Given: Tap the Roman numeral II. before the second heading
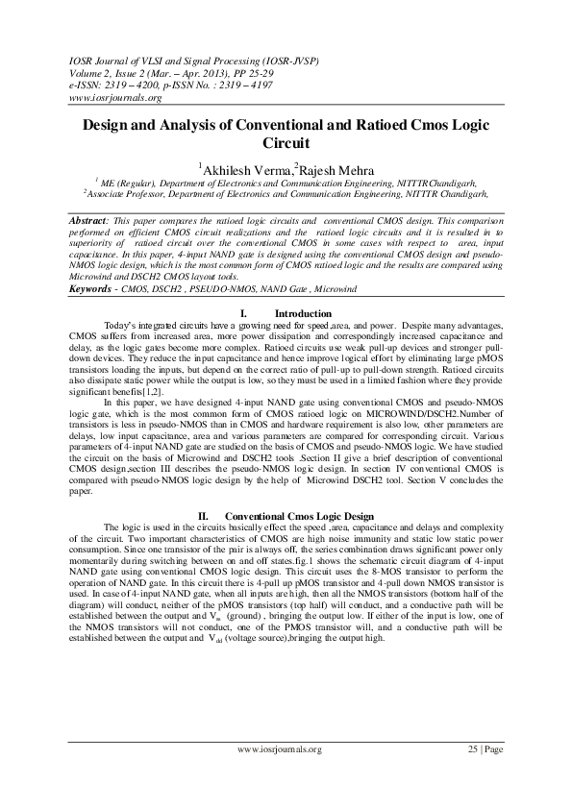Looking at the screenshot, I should [204, 516].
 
